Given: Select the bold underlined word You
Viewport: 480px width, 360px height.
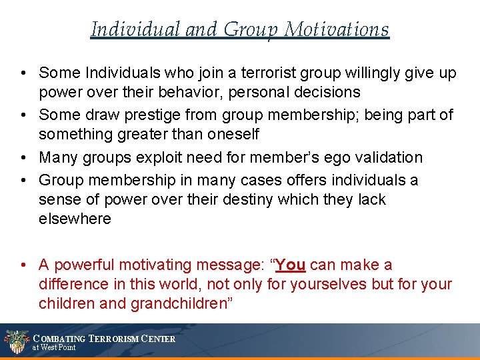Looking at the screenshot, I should point(290,265).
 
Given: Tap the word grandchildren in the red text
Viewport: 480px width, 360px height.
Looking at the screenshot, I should point(180,303).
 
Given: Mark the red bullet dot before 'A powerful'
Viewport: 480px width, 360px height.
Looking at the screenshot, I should point(23,265).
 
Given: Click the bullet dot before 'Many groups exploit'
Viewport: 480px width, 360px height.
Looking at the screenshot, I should point(23,157).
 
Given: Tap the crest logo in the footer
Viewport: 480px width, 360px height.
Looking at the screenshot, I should point(16,341).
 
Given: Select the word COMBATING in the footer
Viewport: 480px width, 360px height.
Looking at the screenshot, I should point(59,339).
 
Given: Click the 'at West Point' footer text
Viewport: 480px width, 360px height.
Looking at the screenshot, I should point(54,347).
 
